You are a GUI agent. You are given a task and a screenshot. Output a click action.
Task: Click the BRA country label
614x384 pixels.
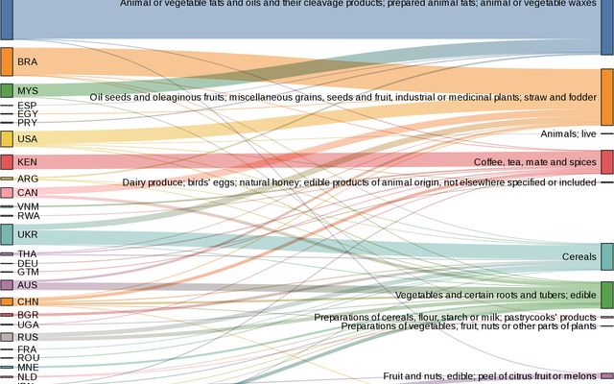pos(27,62)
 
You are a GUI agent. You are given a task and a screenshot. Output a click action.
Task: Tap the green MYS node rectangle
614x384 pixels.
pos(7,90)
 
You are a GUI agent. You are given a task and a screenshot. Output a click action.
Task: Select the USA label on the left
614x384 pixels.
pos(27,139)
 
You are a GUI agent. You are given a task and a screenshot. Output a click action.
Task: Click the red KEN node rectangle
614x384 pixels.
pos(7,162)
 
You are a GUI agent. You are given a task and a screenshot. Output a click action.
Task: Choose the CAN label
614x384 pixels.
pos(27,193)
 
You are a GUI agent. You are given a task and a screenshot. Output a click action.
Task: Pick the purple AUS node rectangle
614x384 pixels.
pos(7,285)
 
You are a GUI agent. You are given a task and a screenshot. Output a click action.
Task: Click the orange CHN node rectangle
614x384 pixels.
pos(7,301)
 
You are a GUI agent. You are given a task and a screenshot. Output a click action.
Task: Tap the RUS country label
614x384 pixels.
pos(27,337)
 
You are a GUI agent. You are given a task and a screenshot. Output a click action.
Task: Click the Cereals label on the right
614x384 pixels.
pos(579,257)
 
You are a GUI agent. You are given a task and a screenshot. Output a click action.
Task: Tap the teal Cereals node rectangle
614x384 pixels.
pos(606,256)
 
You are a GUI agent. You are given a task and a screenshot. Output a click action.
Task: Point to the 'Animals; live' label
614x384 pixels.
pos(568,134)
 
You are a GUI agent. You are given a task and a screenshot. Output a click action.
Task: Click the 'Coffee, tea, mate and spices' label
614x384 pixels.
pos(534,162)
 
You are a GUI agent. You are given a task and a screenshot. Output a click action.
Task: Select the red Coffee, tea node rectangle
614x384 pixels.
pos(606,161)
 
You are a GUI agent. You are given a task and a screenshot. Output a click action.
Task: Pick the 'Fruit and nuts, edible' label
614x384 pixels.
pos(489,376)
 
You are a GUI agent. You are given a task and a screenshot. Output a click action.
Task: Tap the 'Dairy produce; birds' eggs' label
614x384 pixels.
pos(359,182)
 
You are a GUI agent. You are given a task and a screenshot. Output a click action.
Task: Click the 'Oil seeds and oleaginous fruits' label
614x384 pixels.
pos(342,97)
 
